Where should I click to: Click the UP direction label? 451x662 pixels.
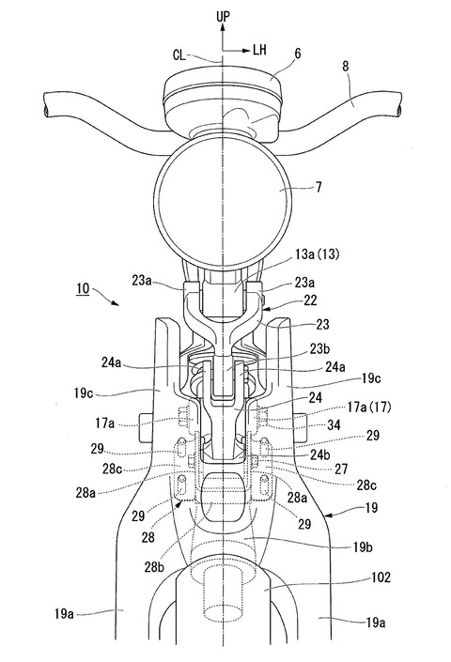coord(223,17)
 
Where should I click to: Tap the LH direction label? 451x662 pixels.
coord(259,51)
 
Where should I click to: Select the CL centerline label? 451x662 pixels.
coord(179,55)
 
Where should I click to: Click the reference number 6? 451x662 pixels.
coord(298,54)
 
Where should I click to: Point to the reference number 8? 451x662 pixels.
coord(346,67)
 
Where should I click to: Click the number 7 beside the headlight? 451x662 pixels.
coord(319,187)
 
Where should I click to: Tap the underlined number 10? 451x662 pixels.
coord(83,289)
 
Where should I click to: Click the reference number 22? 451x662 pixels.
coord(309,300)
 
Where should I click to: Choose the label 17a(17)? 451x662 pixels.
coord(368,408)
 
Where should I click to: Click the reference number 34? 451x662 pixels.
coord(334,424)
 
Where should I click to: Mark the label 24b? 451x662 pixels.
coord(321,454)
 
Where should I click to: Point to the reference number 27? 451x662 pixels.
coord(341,469)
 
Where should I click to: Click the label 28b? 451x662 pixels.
coord(154,567)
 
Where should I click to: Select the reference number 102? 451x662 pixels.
coord(381,577)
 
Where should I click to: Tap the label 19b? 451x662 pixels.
coord(364,547)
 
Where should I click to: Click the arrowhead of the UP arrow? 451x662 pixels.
coord(223,27)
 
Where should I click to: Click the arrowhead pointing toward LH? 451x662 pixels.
coord(246,51)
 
